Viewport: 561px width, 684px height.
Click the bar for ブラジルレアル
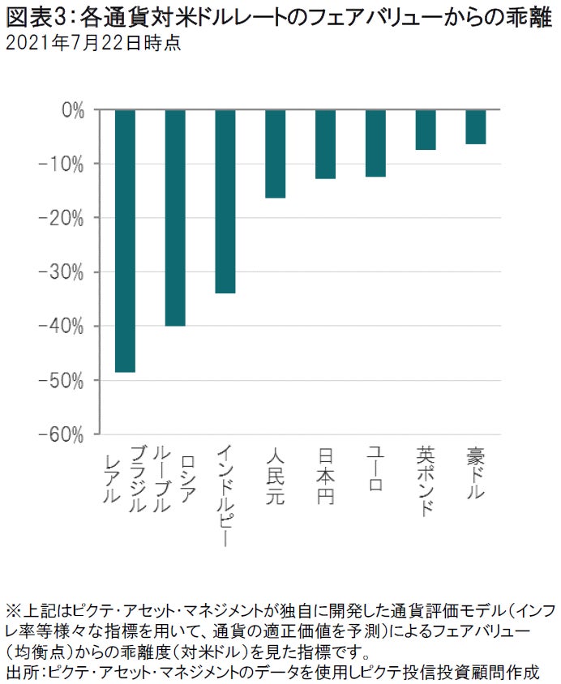(x=125, y=241)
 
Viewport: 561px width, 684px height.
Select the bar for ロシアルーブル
(x=175, y=217)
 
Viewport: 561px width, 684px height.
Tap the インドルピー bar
(x=225, y=201)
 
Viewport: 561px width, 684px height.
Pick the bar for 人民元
(x=276, y=154)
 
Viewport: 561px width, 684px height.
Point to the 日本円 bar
(x=325, y=144)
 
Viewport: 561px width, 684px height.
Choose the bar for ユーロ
(x=375, y=143)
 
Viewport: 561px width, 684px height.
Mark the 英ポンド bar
(x=426, y=130)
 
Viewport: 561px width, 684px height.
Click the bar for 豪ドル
(x=476, y=127)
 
